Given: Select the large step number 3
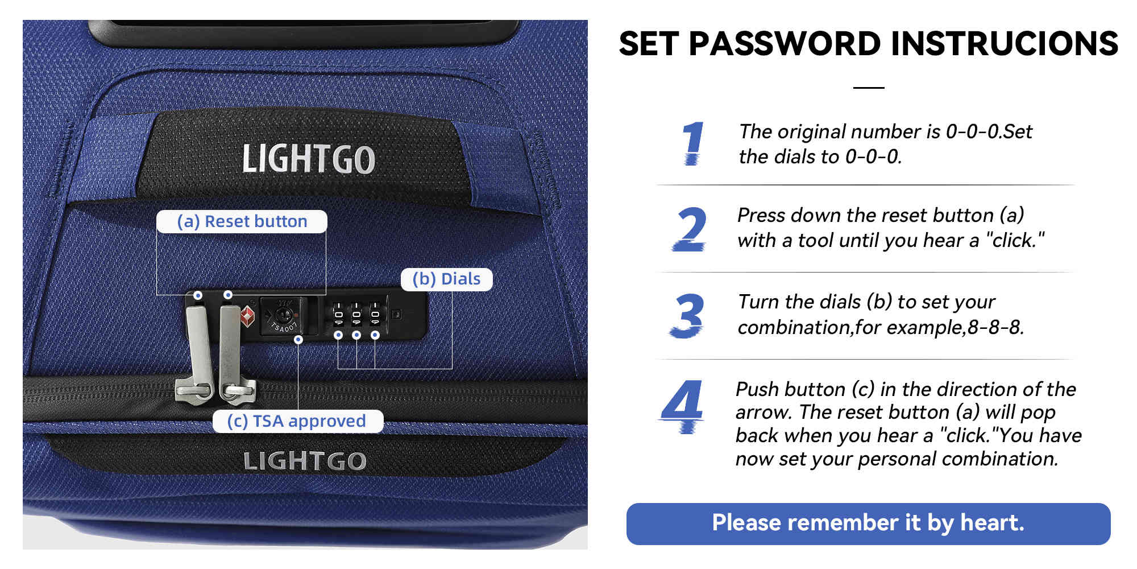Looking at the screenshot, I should pyautogui.click(x=687, y=316).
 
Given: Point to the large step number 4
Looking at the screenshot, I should pyautogui.click(x=683, y=406).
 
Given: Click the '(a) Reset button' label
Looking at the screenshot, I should pyautogui.click(x=242, y=221).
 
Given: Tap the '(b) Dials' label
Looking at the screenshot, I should pyautogui.click(x=446, y=279).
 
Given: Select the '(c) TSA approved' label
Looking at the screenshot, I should pyautogui.click(x=297, y=421).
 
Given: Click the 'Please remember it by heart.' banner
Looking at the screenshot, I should pyautogui.click(x=868, y=523).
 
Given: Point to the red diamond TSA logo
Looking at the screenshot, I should pyautogui.click(x=247, y=316).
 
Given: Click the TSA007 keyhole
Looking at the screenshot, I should pyautogui.click(x=283, y=315).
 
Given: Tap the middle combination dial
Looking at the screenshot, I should pyautogui.click(x=356, y=315).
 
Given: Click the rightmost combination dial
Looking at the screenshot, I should pyautogui.click(x=375, y=315).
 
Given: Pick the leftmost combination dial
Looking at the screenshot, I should pyautogui.click(x=338, y=315).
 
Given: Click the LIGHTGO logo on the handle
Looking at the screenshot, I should pyautogui.click(x=309, y=159).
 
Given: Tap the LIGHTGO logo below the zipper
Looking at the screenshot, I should pyautogui.click(x=305, y=461).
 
